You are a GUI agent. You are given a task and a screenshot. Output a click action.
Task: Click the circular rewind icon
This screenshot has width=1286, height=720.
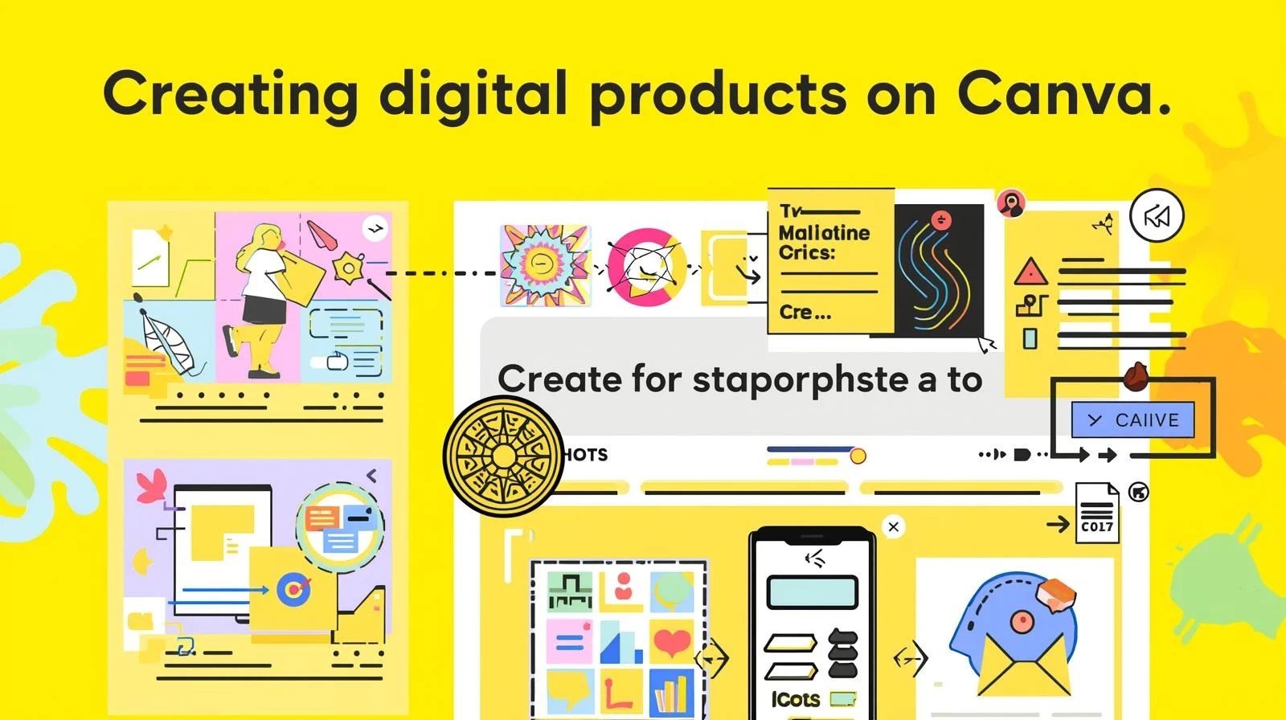coord(1157,216)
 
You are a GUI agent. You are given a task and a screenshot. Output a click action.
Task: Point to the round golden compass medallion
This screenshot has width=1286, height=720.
coord(503,456)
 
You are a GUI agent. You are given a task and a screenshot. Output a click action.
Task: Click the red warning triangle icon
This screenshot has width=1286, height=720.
coord(1030,273)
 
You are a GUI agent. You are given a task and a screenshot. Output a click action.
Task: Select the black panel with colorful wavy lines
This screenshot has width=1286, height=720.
coord(939,270)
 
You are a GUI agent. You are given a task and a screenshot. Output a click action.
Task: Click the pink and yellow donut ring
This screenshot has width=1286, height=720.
coord(646,267)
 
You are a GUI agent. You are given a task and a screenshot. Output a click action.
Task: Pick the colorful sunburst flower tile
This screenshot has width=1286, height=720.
coord(545,266)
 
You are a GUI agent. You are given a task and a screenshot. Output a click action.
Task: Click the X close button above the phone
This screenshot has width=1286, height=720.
coord(893,526)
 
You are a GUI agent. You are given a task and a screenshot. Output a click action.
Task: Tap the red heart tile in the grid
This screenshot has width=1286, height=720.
coord(671,640)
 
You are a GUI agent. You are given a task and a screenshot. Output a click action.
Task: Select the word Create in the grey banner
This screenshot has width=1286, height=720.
coord(558,378)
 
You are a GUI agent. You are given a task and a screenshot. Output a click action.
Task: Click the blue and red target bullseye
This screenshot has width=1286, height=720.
coord(293,590)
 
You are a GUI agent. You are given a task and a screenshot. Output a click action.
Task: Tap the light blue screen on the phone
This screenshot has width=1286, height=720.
coord(812,592)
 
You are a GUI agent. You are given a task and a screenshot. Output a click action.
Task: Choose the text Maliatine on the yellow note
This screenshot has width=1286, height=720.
coord(824,233)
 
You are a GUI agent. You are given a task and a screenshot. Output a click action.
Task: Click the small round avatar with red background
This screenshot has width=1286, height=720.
coord(1011,203)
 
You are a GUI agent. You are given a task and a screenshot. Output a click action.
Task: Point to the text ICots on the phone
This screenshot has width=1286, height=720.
coord(795,699)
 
